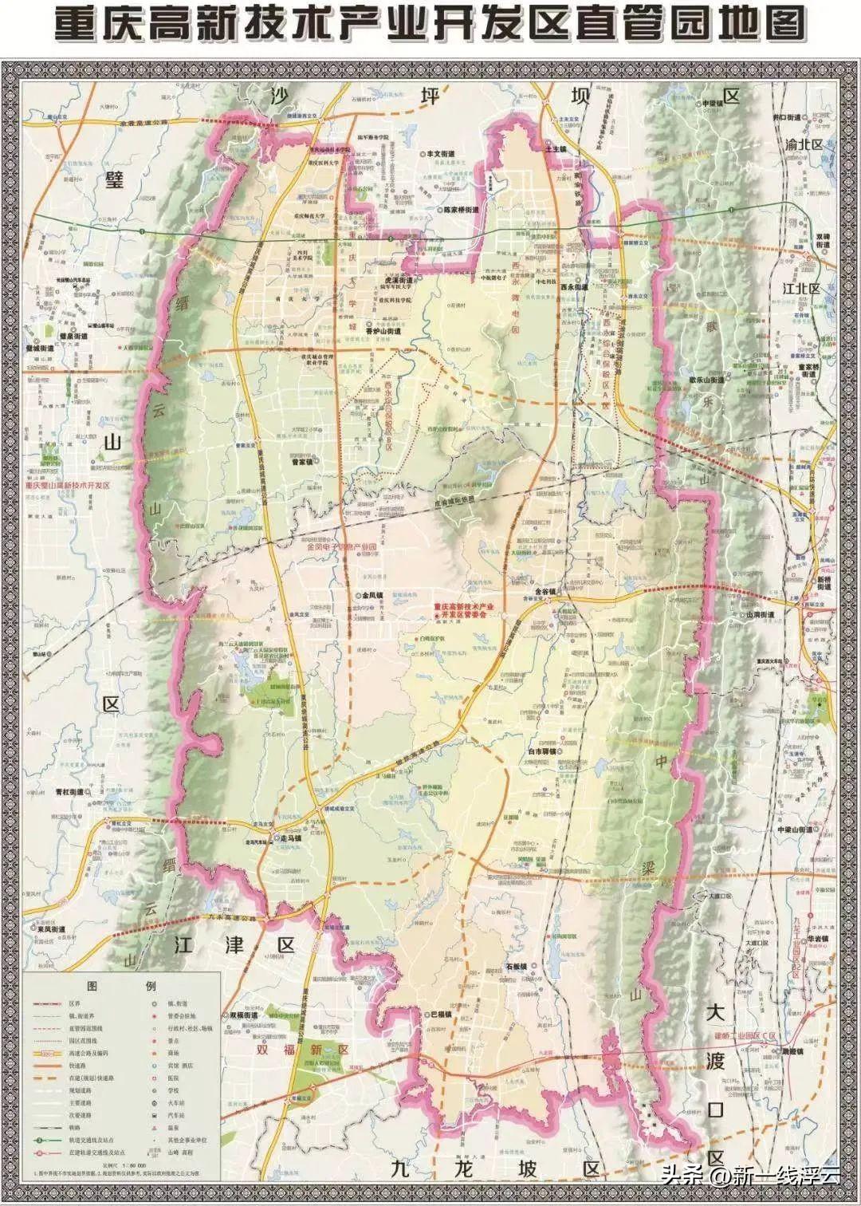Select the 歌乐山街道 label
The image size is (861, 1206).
(701, 380)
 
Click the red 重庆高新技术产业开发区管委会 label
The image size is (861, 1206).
(463, 612)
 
